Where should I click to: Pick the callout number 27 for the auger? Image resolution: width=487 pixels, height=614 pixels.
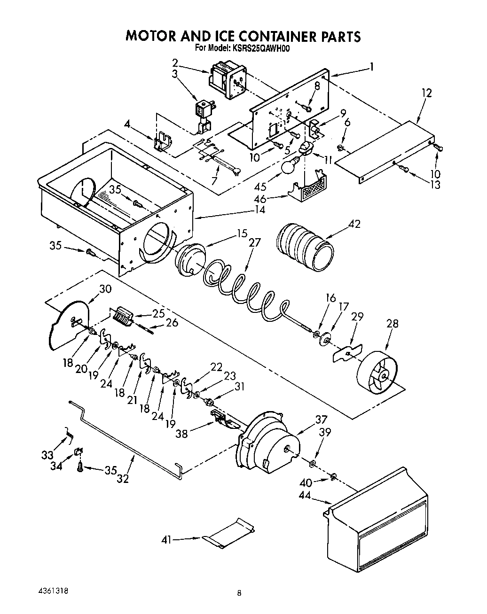coord(254,243)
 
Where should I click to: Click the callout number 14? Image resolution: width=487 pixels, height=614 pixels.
coord(260,210)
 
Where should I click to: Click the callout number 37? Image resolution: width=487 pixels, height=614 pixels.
coord(322,420)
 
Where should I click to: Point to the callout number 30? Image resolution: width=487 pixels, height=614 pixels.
coord(105,289)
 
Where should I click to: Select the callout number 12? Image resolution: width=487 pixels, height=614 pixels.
coord(426,93)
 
